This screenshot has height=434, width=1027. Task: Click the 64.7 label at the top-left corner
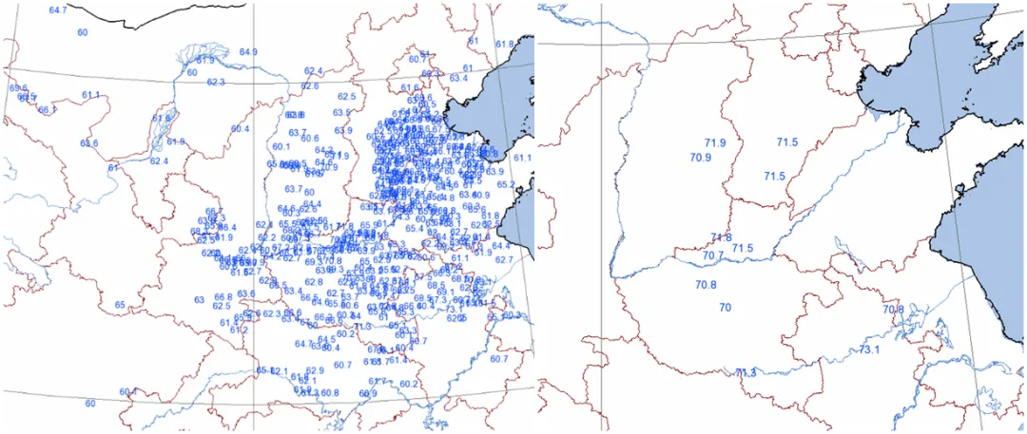(x=58, y=9)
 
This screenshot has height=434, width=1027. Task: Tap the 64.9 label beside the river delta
(x=248, y=51)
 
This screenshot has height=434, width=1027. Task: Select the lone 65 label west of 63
(x=120, y=305)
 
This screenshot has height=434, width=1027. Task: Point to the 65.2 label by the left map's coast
(x=506, y=184)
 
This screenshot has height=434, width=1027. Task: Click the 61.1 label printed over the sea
(x=522, y=157)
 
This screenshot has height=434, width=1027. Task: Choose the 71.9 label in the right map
(x=716, y=142)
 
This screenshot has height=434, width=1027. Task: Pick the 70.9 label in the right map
(x=701, y=158)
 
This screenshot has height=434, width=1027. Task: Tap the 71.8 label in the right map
(x=721, y=237)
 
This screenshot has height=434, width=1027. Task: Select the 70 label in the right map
(x=725, y=308)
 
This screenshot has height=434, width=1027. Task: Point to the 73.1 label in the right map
(x=869, y=350)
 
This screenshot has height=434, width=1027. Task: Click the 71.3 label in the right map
(x=746, y=372)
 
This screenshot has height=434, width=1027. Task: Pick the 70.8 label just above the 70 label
(x=706, y=285)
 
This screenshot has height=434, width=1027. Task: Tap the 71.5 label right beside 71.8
(x=743, y=248)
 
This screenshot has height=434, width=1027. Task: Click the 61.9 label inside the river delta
(x=205, y=59)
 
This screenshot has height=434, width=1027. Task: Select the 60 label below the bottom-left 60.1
(x=90, y=404)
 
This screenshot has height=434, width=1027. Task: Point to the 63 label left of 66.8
(x=200, y=300)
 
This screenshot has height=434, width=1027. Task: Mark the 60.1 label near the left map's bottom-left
(x=128, y=391)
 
